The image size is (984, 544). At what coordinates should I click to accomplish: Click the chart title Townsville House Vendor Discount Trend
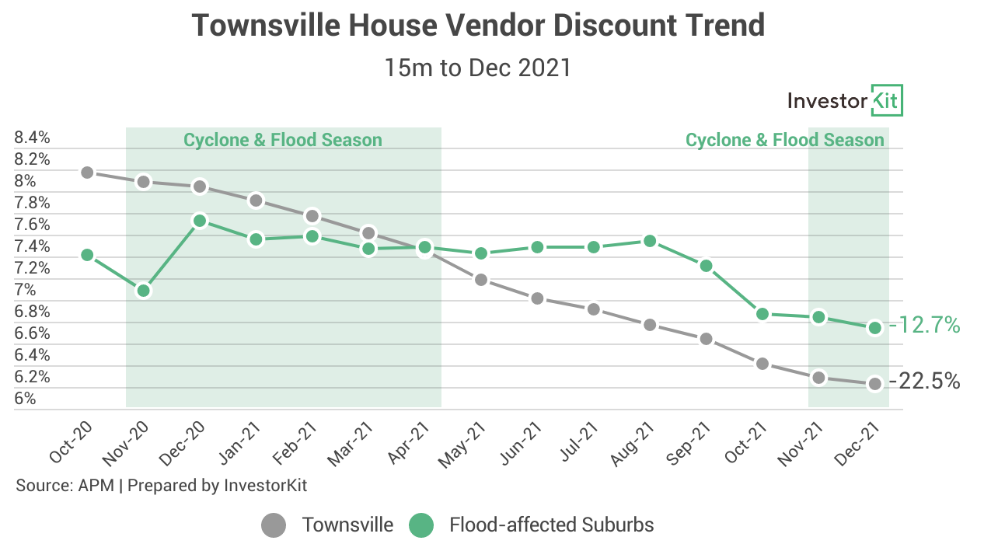pyautogui.click(x=478, y=26)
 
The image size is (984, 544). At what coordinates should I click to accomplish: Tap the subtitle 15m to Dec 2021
pyautogui.click(x=478, y=68)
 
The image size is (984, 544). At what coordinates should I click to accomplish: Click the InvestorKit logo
pyautogui.click(x=845, y=100)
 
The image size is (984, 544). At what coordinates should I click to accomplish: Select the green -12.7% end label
pyautogui.click(x=925, y=326)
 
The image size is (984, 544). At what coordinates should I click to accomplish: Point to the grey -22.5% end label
pyautogui.click(x=925, y=382)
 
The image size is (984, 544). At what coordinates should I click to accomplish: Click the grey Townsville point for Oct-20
pyautogui.click(x=88, y=173)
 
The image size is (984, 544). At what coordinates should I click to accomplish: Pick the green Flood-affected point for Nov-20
pyautogui.click(x=143, y=291)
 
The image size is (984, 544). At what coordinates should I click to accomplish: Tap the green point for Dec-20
pyautogui.click(x=200, y=221)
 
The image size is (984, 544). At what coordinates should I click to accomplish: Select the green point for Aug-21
pyautogui.click(x=650, y=241)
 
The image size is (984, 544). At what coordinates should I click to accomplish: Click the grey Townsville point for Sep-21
pyautogui.click(x=707, y=339)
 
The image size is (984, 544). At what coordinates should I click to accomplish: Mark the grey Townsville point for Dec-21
pyautogui.click(x=875, y=384)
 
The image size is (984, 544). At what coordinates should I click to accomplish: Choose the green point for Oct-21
pyautogui.click(x=762, y=314)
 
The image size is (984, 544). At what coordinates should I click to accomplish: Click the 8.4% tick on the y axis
pyautogui.click(x=33, y=138)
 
